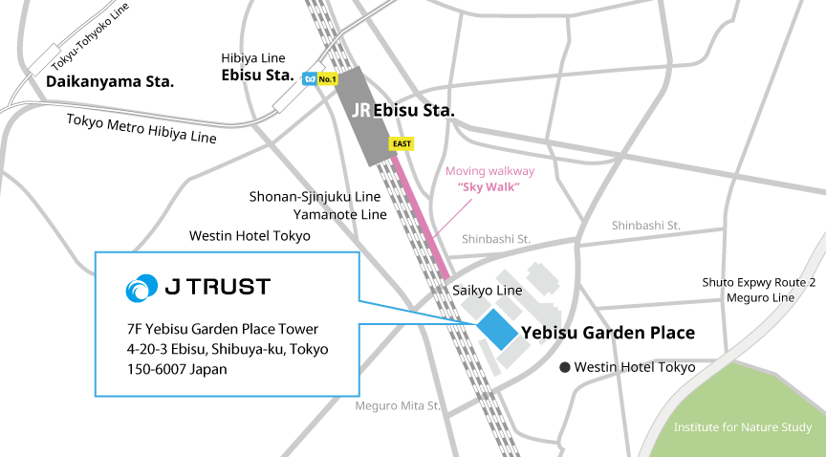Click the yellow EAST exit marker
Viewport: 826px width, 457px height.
[x=402, y=144]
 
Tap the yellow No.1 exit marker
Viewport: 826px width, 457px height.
[x=328, y=79]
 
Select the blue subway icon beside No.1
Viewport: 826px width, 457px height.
[x=309, y=79]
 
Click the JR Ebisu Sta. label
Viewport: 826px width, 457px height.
[x=403, y=111]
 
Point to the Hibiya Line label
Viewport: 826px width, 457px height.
[x=256, y=59]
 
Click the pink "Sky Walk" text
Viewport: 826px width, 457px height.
[x=489, y=187]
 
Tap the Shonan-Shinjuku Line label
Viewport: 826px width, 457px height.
[x=315, y=197]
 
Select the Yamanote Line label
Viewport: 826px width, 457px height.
[x=339, y=215]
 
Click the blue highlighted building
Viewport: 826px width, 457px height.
[x=497, y=328]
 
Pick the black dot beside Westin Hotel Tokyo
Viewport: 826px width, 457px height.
[x=565, y=367]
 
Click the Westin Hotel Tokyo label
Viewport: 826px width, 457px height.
[x=634, y=367]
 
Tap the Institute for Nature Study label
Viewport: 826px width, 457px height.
[x=743, y=427]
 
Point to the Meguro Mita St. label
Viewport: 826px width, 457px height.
[x=398, y=405]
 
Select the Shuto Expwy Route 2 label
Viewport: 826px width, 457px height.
[x=759, y=282]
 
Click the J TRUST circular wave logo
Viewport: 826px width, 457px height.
[x=143, y=287]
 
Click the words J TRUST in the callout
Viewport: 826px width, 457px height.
[x=217, y=287]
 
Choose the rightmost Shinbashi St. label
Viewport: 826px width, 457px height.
[x=645, y=226]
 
